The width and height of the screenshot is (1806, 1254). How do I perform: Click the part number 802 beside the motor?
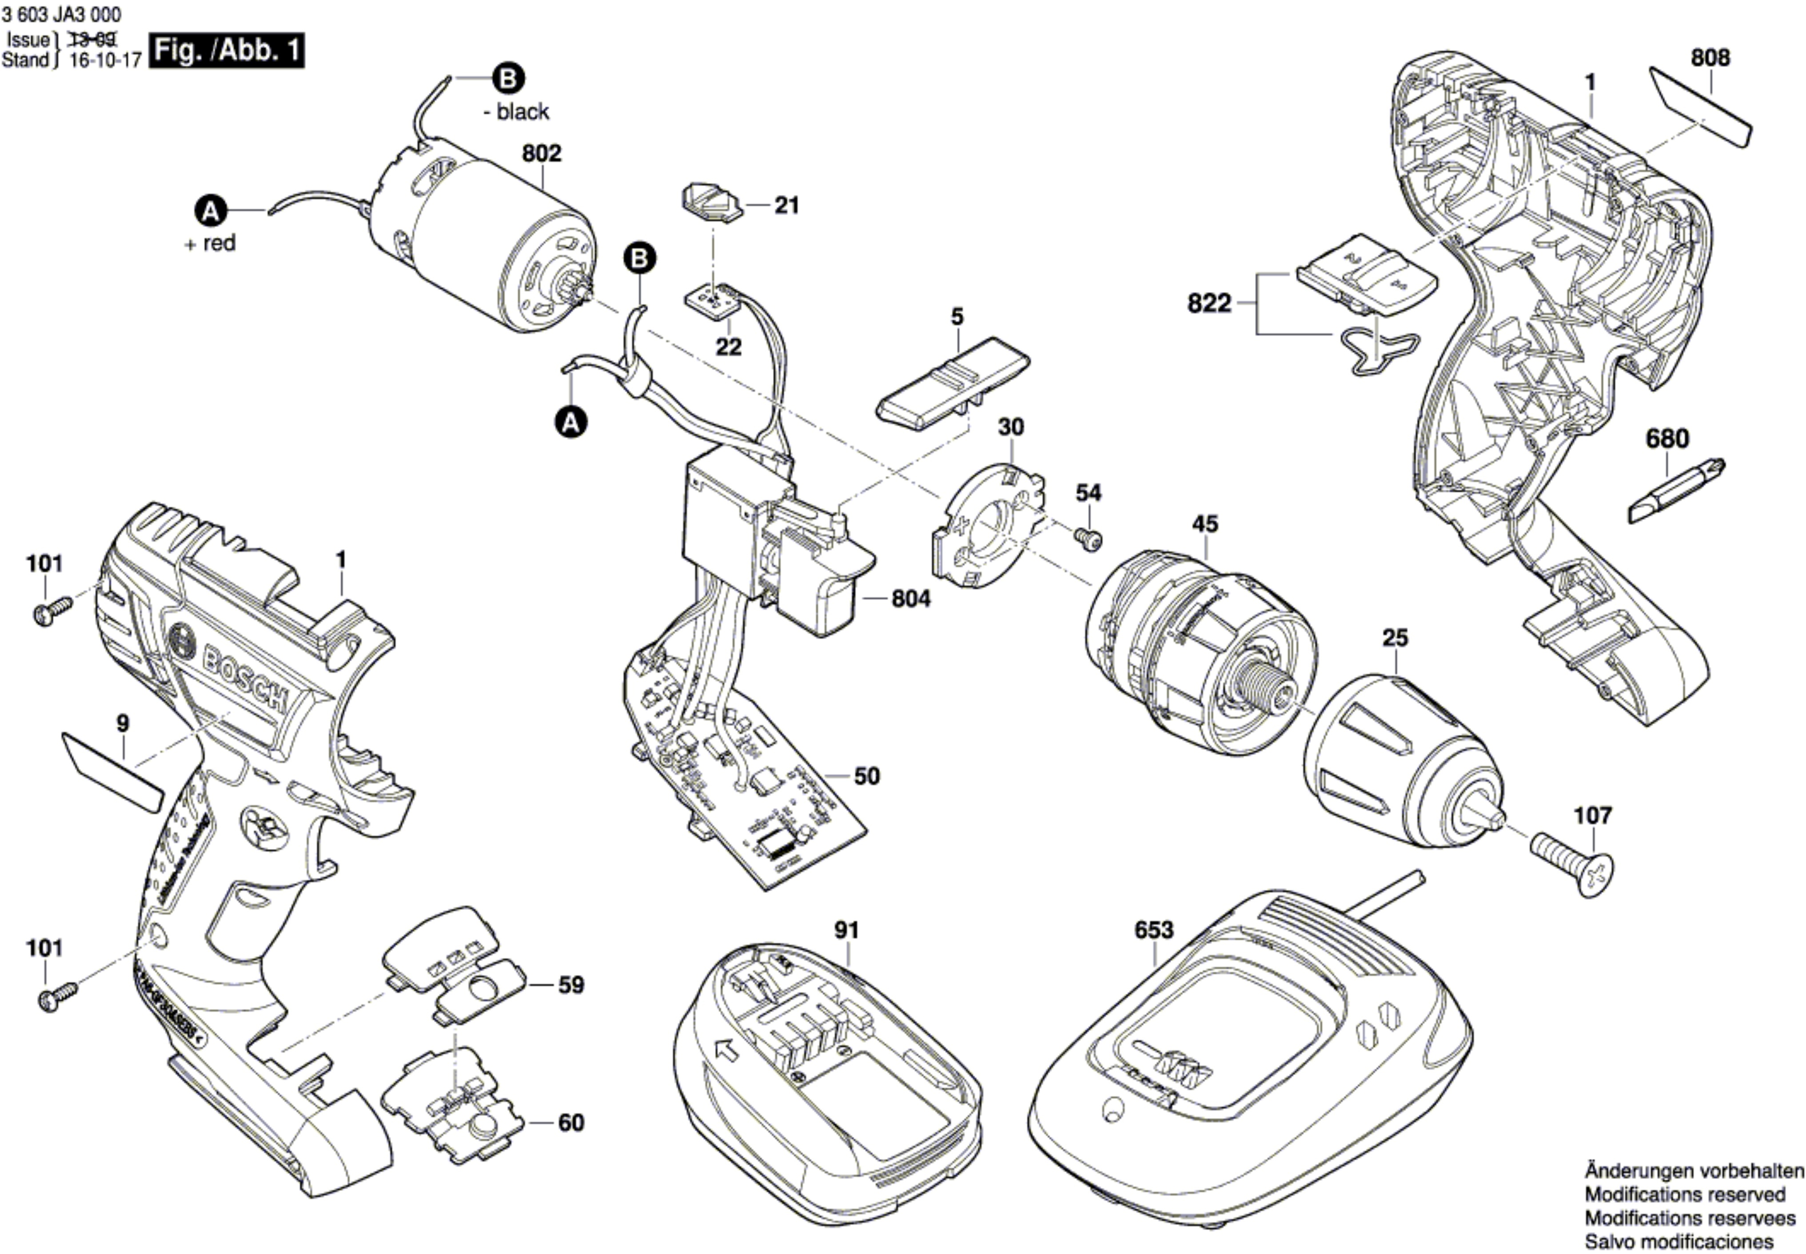(542, 153)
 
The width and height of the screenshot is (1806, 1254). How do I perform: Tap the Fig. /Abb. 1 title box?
(226, 51)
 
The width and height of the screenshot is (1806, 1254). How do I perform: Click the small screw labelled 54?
(1088, 539)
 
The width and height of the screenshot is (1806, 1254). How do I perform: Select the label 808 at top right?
(1710, 57)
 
